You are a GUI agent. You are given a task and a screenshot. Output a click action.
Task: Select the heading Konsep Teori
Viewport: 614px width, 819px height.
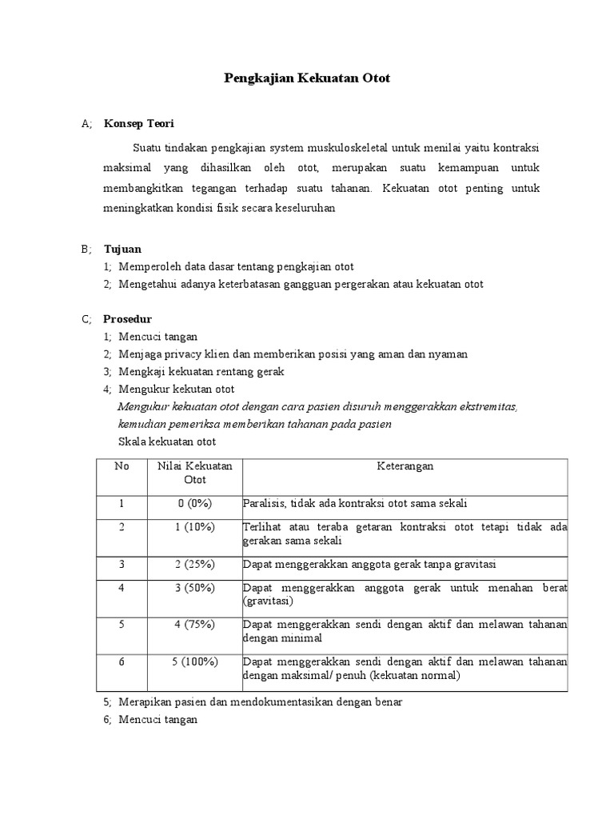click(x=138, y=124)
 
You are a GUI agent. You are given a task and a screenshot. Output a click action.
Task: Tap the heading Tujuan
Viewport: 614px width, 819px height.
click(x=122, y=249)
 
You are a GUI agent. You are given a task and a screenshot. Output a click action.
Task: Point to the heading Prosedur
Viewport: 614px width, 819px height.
click(x=128, y=319)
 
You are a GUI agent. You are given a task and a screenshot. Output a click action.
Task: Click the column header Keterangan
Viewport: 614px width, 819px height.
click(x=405, y=466)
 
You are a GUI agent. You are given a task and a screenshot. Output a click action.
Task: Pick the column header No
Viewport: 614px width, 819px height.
click(x=122, y=466)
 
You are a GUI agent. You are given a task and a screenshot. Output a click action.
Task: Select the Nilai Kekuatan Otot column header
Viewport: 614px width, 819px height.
click(x=195, y=473)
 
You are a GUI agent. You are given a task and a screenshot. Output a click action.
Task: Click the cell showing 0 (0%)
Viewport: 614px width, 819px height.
click(x=195, y=504)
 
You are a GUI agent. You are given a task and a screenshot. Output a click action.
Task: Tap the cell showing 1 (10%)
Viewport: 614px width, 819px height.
click(x=195, y=527)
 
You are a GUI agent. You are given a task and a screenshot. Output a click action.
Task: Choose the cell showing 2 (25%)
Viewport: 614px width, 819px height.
click(x=195, y=565)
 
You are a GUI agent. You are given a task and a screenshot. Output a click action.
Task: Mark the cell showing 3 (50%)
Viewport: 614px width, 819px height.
click(x=195, y=589)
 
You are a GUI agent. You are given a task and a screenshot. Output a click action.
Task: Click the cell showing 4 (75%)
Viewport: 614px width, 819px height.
click(x=195, y=625)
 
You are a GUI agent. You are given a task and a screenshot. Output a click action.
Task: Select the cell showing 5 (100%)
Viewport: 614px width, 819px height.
click(x=195, y=662)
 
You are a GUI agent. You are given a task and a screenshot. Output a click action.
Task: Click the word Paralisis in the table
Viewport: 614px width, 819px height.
click(x=262, y=504)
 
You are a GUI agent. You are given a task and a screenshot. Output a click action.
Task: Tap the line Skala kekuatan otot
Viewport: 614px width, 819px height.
click(x=167, y=441)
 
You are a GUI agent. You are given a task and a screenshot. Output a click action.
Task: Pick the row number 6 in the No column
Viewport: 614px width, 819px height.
click(x=122, y=662)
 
